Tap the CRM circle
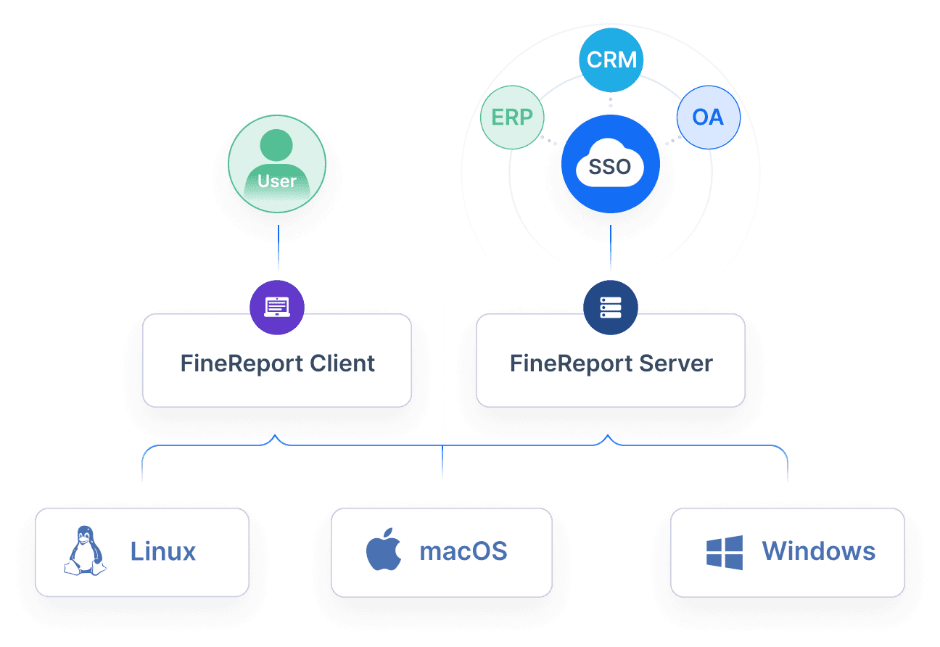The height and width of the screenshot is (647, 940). (x=611, y=59)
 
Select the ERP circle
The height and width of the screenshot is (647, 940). (x=512, y=118)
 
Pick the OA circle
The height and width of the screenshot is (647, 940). (x=708, y=118)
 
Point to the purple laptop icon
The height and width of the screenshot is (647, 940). (x=277, y=307)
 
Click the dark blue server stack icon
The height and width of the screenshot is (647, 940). (x=611, y=307)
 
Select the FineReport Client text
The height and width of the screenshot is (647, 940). (x=277, y=363)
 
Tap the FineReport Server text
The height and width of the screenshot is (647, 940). (x=611, y=363)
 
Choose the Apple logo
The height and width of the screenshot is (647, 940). (x=384, y=551)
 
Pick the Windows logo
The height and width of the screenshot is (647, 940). (x=725, y=552)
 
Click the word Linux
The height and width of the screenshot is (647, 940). (x=163, y=551)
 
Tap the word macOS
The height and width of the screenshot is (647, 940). (x=463, y=551)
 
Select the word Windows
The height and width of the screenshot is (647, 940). (x=818, y=551)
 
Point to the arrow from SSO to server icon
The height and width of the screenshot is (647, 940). (x=611, y=250)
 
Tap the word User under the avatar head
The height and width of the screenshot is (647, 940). (x=277, y=181)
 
